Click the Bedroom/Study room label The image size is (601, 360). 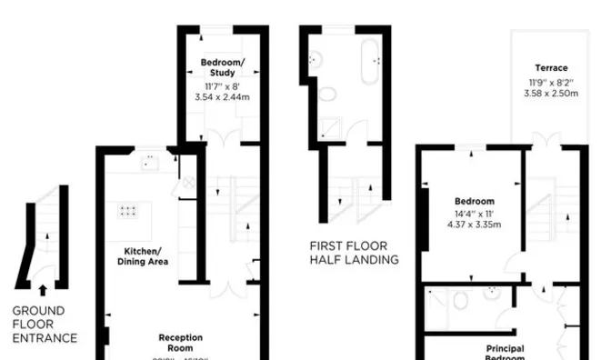[x=222, y=66]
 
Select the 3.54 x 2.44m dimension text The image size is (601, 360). [x=222, y=95]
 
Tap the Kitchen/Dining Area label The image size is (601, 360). [x=144, y=256]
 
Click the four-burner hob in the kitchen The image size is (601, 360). [x=128, y=212]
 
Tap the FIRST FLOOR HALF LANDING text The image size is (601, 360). [x=354, y=253]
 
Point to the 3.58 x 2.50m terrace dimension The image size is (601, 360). [x=552, y=93]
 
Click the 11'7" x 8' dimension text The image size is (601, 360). [x=222, y=84]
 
